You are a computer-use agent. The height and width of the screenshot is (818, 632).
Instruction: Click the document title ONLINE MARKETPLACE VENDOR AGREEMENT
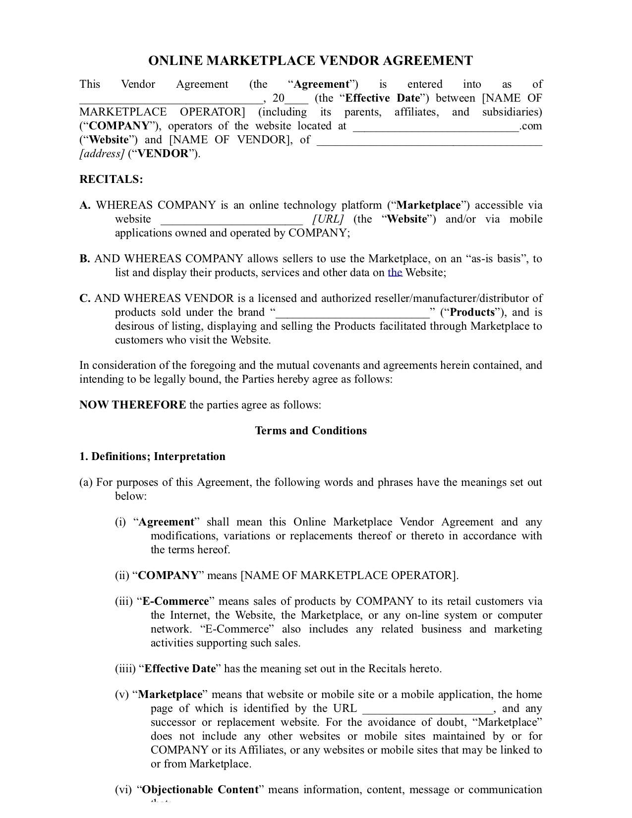(311, 61)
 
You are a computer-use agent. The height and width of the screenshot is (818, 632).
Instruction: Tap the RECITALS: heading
(111, 179)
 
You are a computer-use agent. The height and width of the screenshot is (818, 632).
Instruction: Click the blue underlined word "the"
(395, 272)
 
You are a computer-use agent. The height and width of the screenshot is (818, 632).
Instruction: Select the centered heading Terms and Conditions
(311, 430)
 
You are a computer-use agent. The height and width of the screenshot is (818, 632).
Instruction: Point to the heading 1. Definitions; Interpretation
(152, 456)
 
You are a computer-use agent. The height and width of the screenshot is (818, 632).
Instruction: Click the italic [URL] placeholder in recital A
(328, 219)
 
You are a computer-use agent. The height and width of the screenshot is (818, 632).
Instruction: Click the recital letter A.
(85, 205)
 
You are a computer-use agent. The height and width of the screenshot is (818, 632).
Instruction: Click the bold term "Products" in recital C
(472, 312)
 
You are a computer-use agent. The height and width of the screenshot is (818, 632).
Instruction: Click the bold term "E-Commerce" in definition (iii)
(176, 601)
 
